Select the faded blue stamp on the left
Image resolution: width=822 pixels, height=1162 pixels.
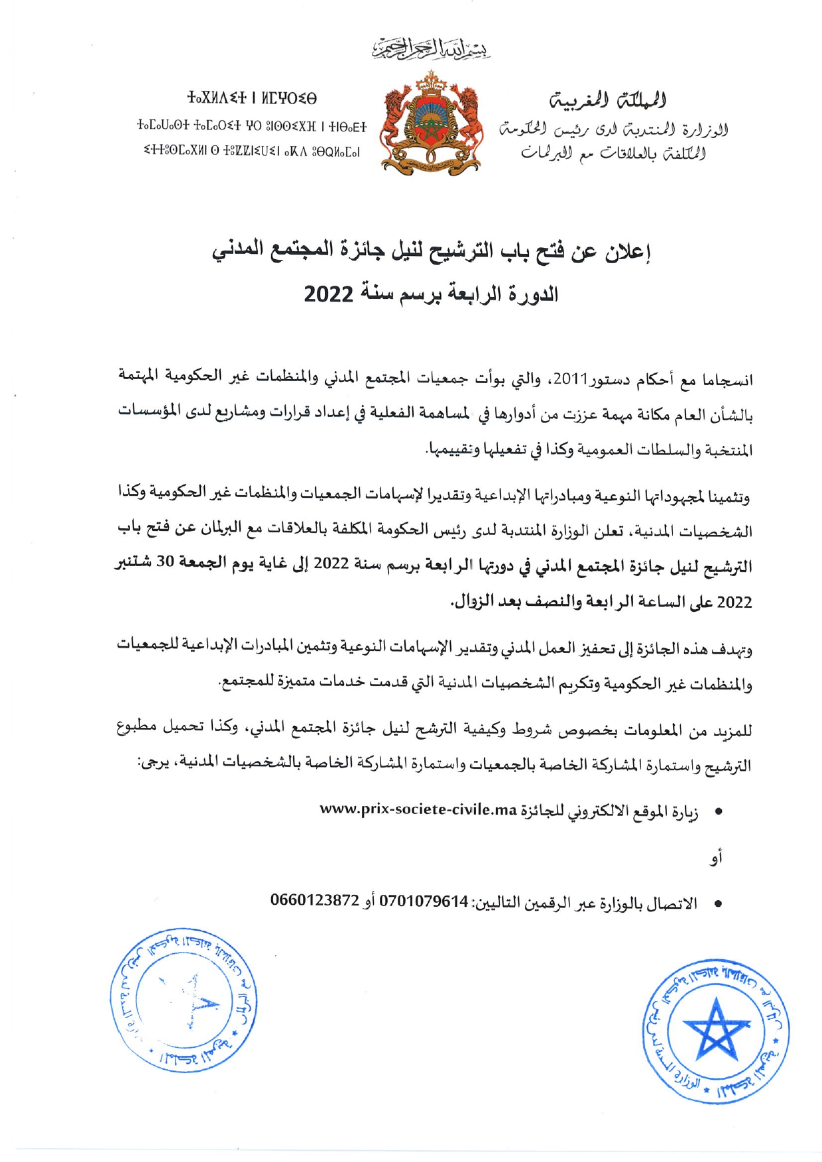pos(184,999)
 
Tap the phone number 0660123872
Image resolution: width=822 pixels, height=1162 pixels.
pos(315,901)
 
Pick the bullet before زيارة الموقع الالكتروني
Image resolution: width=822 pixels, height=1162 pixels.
pos(718,811)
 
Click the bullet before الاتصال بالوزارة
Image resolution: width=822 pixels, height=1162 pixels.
pos(718,903)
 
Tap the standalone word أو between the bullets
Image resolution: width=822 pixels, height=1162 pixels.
pos(715,858)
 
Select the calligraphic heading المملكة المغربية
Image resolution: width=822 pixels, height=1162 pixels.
pos(609,100)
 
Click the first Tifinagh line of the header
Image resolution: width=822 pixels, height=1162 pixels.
pos(252,99)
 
